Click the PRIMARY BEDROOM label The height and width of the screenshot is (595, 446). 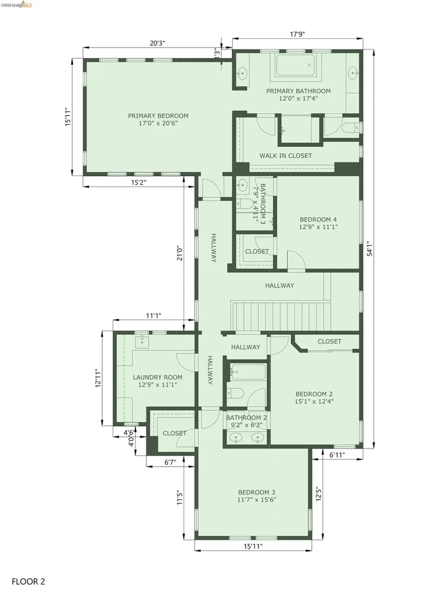coord(158,116)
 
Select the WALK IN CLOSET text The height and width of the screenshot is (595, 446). coord(285,156)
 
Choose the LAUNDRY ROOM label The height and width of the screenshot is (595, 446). coord(157,377)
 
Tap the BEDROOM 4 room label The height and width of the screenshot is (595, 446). coord(318,220)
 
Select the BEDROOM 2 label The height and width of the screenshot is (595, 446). coord(314,393)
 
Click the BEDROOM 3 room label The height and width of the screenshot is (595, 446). coord(256,493)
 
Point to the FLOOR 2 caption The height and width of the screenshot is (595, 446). coord(28,580)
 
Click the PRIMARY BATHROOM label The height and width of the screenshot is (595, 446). coord(298,91)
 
